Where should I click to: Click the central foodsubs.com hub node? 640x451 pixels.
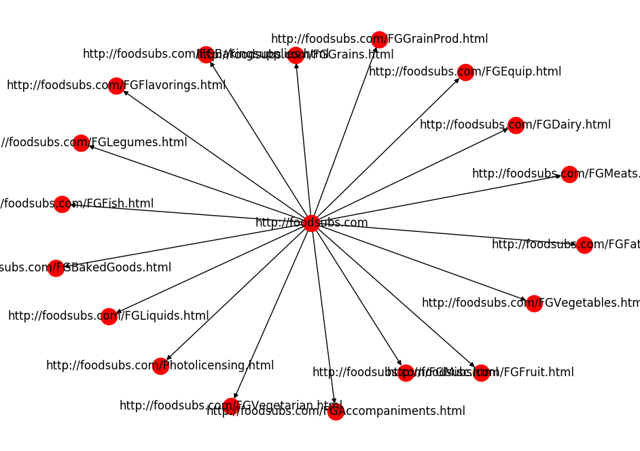(x=311, y=222)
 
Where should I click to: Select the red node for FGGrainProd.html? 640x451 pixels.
(x=379, y=39)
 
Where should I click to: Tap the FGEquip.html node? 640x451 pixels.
(x=465, y=72)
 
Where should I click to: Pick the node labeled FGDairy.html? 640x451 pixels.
(x=515, y=125)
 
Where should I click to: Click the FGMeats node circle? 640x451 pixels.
(x=569, y=174)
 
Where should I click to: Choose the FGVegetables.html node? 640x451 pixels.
(x=534, y=303)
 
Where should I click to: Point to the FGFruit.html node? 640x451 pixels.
(x=481, y=373)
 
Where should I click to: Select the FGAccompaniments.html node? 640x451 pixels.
(x=336, y=412)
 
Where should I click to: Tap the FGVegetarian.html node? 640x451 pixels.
(x=231, y=406)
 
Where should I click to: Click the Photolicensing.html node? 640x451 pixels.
(x=160, y=366)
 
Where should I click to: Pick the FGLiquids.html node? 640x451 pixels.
(x=109, y=316)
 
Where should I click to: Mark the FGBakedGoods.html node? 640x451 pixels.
(x=56, y=268)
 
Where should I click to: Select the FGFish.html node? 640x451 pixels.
(x=62, y=204)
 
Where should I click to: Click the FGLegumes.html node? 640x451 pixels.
(x=81, y=143)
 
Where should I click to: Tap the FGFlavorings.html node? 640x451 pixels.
(x=116, y=86)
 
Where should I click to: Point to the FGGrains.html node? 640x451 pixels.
(x=295, y=55)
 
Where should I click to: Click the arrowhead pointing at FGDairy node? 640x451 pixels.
(x=505, y=130)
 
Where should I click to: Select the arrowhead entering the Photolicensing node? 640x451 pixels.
(x=168, y=358)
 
